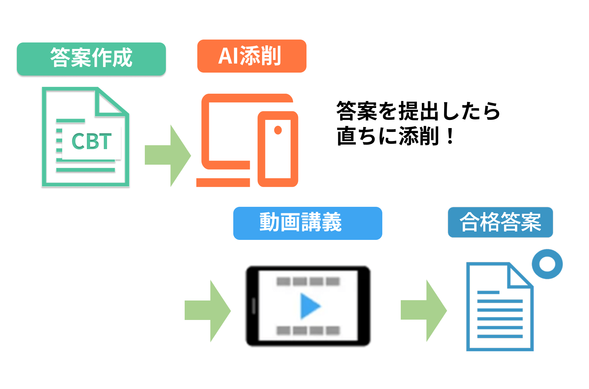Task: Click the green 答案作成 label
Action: (91, 59)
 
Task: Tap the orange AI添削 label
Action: (251, 56)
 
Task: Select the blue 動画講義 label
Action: (307, 223)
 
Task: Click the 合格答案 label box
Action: (500, 222)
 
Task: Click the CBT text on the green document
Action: (91, 142)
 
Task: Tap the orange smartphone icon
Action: (278, 149)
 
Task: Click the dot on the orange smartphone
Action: (278, 130)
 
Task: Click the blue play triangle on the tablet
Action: (309, 306)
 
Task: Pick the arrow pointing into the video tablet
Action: (207, 311)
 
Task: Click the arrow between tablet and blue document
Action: (423, 310)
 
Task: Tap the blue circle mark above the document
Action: (547, 264)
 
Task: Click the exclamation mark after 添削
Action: (450, 136)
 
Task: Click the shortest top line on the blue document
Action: (488, 292)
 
